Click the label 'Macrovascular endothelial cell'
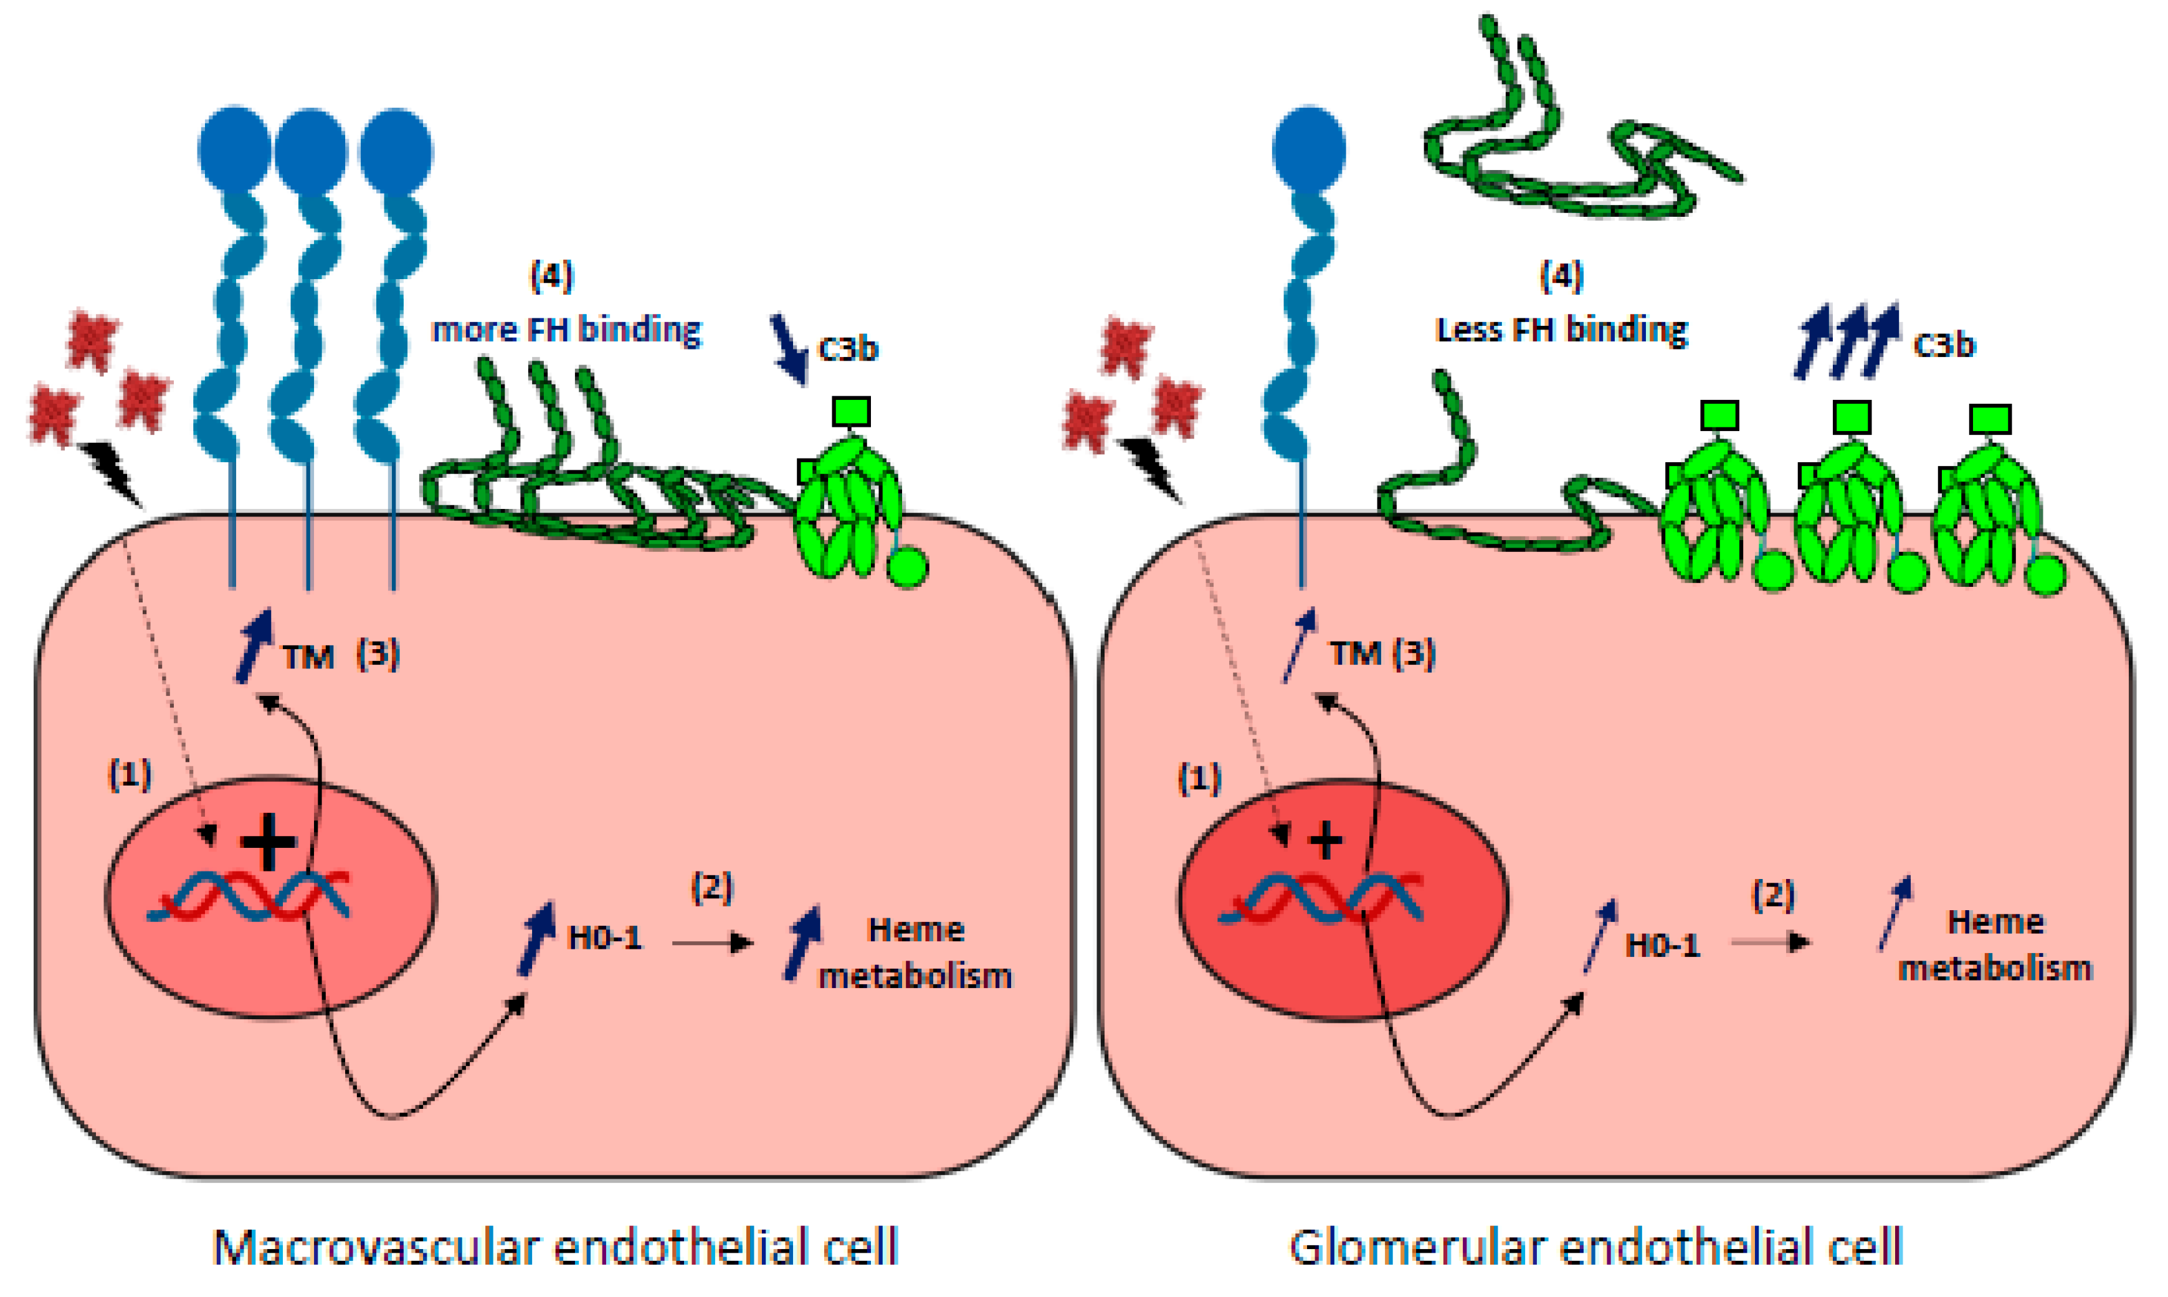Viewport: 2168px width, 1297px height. [x=556, y=1248]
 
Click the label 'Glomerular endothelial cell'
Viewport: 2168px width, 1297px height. [x=1595, y=1248]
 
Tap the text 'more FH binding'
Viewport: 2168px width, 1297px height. [x=566, y=330]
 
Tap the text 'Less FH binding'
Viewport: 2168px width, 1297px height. [x=1561, y=330]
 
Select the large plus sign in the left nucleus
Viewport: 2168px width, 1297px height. [x=269, y=842]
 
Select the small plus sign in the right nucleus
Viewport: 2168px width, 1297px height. [x=1326, y=841]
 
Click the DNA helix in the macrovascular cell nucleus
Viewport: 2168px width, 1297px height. [x=249, y=896]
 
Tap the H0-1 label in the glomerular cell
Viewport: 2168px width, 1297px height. [x=1662, y=946]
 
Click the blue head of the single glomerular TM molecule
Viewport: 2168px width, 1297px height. [x=1308, y=149]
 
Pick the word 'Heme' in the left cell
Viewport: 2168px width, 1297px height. [x=915, y=930]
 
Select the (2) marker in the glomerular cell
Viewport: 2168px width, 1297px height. [x=1773, y=896]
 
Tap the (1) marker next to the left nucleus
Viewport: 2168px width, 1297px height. [x=130, y=774]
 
